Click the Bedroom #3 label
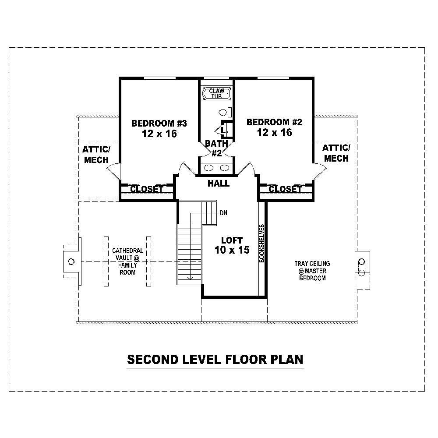click(159, 128)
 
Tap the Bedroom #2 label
click(274, 127)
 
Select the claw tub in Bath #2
click(217, 93)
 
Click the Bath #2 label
click(216, 148)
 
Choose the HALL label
click(219, 184)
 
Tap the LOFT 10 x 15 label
click(232, 245)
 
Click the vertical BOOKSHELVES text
click(262, 243)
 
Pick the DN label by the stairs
click(223, 213)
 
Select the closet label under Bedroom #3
click(147, 189)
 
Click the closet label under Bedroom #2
click(285, 189)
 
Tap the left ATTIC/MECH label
click(96, 154)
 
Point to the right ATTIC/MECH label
click(336, 152)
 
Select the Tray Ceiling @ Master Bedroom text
click(312, 271)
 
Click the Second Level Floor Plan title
click(215, 360)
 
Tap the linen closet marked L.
click(223, 130)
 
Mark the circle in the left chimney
click(71, 261)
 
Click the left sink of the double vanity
click(209, 167)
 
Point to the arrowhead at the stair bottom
click(191, 277)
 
